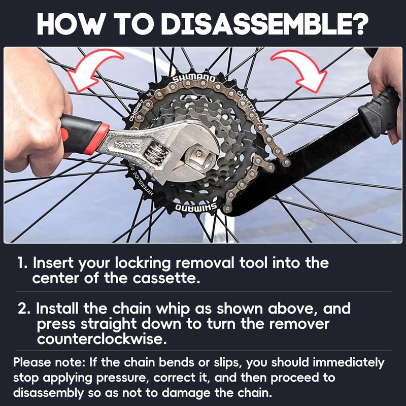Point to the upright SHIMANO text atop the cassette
coord(194,79)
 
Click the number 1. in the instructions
coord(22,263)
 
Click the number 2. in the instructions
coord(25,309)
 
